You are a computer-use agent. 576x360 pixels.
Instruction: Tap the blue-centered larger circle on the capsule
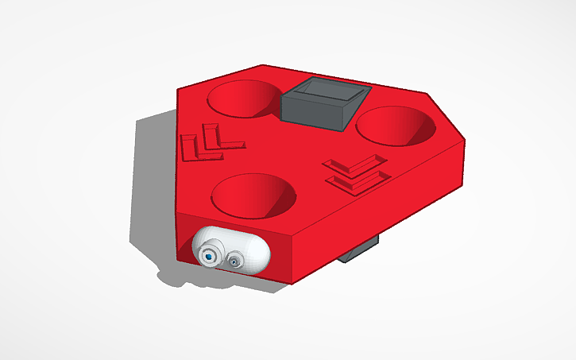pos(209,256)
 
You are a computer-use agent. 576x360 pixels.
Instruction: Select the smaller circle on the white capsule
pos(235,260)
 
